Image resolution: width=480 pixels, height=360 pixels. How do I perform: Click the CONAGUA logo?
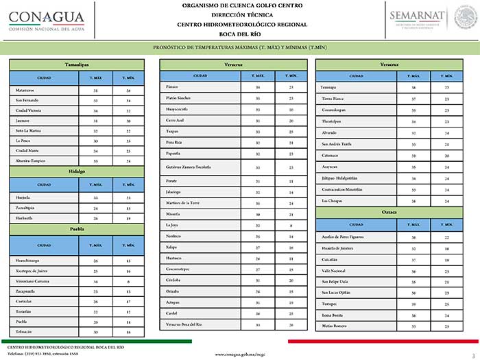point(46,21)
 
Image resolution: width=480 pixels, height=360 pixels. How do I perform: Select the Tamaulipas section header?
point(76,64)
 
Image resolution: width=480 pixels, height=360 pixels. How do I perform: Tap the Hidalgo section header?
point(76,171)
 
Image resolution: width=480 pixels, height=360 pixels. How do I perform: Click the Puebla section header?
point(76,229)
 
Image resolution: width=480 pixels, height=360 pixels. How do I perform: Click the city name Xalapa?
point(172,246)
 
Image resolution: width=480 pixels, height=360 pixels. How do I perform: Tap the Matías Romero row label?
point(333,326)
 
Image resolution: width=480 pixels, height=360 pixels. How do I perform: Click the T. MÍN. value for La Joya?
point(291,225)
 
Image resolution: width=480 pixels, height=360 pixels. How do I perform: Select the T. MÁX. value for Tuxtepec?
point(413,303)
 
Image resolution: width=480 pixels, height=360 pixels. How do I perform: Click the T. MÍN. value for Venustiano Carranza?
point(128,282)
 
